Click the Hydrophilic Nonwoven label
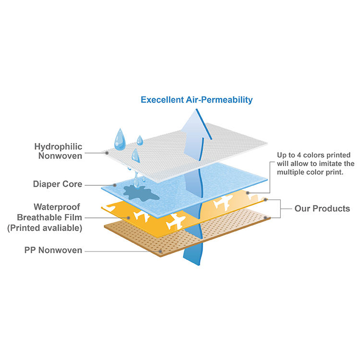tap(58, 151)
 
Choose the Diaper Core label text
tap(58, 184)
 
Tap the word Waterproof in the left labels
tap(57, 207)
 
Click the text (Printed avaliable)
tap(45, 228)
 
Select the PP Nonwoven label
tap(53, 250)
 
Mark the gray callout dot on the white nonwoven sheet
tap(107, 153)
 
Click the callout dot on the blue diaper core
tap(115, 185)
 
